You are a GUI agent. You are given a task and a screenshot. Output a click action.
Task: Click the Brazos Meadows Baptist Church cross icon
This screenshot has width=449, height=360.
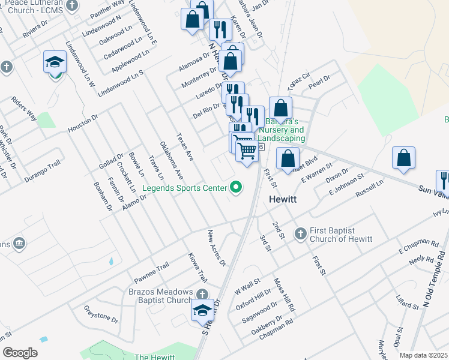point(202,293)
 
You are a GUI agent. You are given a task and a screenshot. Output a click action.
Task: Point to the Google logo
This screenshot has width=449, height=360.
point(20,352)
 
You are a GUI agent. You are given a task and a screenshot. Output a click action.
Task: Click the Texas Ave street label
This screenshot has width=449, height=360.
point(184,147)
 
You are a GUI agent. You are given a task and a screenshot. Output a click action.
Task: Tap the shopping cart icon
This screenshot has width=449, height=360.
point(246,151)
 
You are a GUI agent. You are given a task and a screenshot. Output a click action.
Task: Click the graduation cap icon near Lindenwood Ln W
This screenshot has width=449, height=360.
point(54,62)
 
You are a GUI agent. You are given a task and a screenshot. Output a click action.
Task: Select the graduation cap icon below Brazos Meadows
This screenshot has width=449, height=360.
point(202,311)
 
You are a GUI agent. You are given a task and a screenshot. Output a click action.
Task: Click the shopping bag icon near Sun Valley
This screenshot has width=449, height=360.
point(403,158)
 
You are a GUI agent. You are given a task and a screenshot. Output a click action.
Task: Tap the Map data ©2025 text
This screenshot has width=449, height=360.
point(423,355)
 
